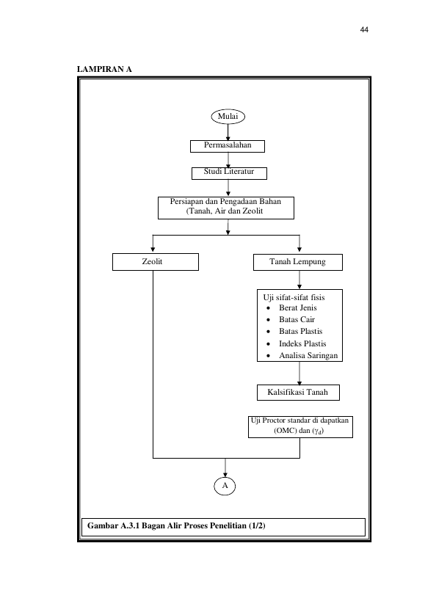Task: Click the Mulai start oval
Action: pos(228,117)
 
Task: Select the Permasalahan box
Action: pos(228,146)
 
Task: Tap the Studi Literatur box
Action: pos(229,173)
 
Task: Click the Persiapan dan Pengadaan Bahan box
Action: pos(226,208)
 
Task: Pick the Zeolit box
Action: pos(155,262)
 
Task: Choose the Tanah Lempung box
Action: pos(298,262)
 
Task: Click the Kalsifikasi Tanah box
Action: pos(298,393)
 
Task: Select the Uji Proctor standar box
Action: pos(300,427)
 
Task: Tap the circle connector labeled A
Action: pos(225,486)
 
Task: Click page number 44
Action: pos(364,30)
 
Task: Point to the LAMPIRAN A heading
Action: pos(104,70)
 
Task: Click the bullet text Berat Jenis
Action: pos(298,307)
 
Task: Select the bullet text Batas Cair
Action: pos(297,320)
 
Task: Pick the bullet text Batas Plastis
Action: pos(300,331)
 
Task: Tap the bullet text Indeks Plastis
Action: pos(302,343)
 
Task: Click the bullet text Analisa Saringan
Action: pos(308,356)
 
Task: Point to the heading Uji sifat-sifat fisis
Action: pos(294,298)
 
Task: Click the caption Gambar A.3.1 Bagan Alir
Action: pos(176,525)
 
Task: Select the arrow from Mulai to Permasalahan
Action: pos(228,132)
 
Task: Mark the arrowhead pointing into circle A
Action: pos(225,475)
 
